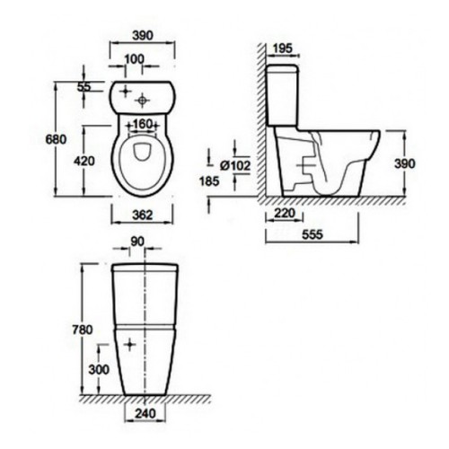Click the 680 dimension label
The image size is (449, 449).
coord(56,139)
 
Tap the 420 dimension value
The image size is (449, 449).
coord(84,161)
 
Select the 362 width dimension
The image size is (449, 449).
coord(143,215)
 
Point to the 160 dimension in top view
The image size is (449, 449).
coord(142,124)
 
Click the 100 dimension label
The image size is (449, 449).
coord(135,59)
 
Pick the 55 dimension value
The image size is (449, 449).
coord(84,87)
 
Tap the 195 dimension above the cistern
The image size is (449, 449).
coord(283,48)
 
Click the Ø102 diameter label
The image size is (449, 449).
coord(235,165)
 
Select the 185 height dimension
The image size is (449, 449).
coord(209,180)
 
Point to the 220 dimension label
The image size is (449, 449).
coord(285,214)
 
